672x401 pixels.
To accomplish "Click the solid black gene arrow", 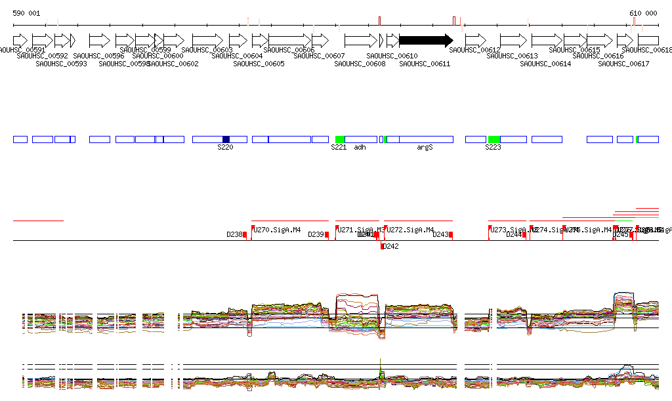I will point(425,40).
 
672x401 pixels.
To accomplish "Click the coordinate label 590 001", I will point(26,13).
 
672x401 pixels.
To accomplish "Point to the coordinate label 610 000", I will point(643,13).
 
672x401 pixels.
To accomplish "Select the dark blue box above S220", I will point(226,139).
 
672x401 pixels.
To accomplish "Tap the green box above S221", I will point(340,139).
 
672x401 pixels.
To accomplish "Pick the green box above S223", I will point(494,139).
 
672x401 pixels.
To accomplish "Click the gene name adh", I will point(360,148).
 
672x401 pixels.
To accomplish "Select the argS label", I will point(425,148).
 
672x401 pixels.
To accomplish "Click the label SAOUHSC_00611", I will point(425,64).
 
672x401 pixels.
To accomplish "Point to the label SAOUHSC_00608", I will point(360,64).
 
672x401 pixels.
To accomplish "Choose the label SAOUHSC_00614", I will point(545,64).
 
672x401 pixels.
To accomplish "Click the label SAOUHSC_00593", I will point(61,64).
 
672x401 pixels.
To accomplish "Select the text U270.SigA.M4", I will point(277,230).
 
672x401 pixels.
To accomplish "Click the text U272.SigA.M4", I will point(410,230).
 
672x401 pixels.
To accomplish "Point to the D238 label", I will point(234,234).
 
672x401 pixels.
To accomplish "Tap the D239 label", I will point(316,234).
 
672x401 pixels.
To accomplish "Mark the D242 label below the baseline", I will point(390,247).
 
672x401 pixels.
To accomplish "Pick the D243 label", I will point(440,234).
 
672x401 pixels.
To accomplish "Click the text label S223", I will point(493,148).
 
